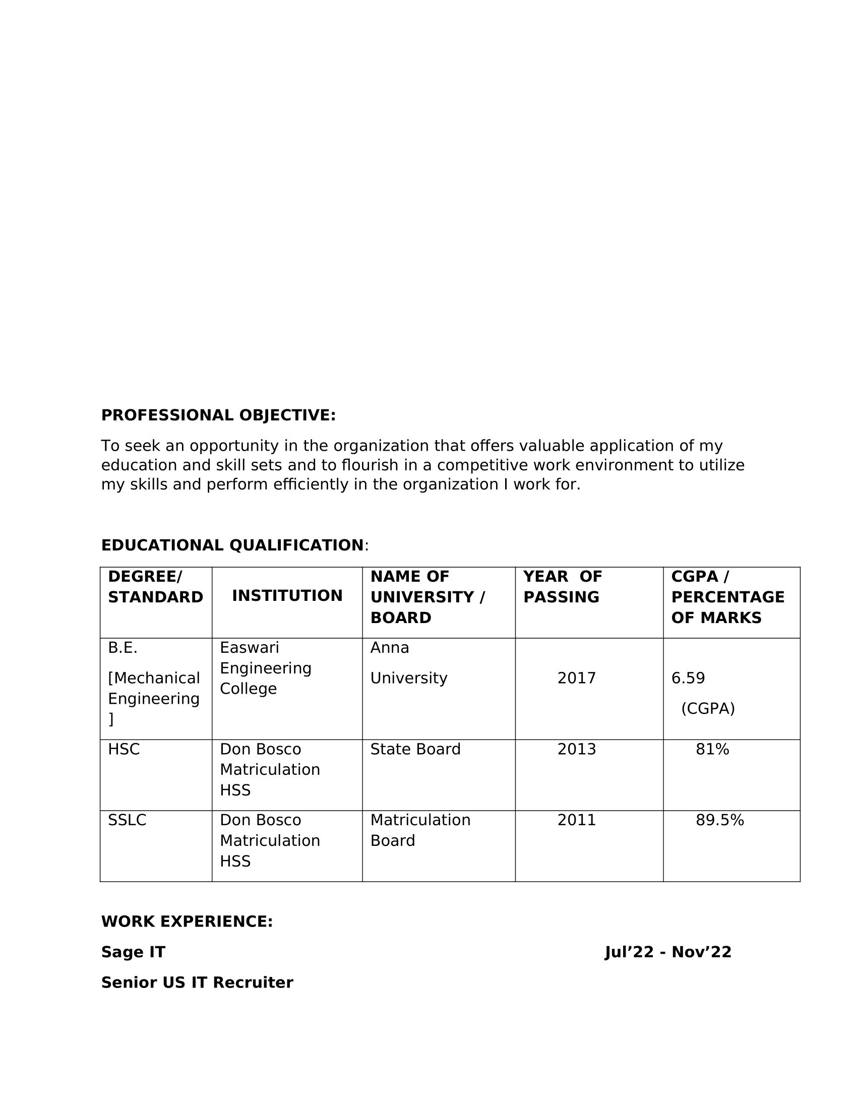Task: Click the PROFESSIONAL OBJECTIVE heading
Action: pos(218,415)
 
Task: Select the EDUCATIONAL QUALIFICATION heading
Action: pos(232,545)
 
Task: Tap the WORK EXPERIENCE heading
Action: pos(187,921)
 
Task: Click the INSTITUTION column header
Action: pos(287,596)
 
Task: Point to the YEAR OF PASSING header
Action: pos(562,587)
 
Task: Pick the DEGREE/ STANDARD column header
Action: pos(155,587)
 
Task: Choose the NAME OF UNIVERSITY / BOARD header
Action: pos(427,597)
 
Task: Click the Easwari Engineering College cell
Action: pos(265,668)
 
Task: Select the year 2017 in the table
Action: pos(576,679)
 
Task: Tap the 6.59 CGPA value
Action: pos(688,679)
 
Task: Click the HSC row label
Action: pos(124,750)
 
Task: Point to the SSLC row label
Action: pos(127,820)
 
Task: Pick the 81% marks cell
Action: pos(712,750)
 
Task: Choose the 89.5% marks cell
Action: pos(719,820)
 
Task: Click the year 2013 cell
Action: pos(576,750)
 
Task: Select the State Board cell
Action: pos(415,750)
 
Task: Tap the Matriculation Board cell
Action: pos(420,830)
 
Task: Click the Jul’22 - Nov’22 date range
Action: pos(668,952)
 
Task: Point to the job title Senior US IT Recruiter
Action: pos(197,982)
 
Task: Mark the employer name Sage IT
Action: pos(133,952)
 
